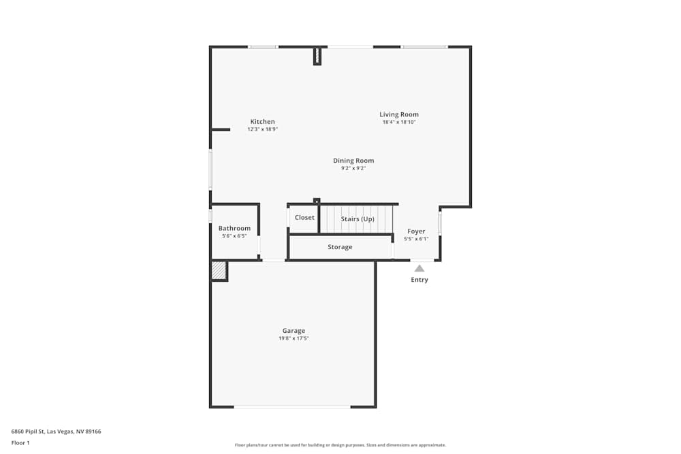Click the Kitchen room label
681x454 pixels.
[x=262, y=122]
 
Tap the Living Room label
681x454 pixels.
[x=399, y=114]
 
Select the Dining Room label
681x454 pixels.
[x=353, y=161]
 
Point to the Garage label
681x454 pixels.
[x=294, y=331]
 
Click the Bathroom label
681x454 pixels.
[x=234, y=228]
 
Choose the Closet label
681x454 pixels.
[x=304, y=218]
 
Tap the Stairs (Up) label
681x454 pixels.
[x=358, y=219]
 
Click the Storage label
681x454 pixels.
[x=340, y=247]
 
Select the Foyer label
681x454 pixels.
[x=416, y=231]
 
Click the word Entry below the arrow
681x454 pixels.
[x=419, y=280]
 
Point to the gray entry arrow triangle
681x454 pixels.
[x=419, y=268]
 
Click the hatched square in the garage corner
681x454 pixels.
[x=218, y=271]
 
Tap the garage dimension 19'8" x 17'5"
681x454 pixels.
[x=294, y=338]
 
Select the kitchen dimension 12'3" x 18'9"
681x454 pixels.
[x=262, y=129]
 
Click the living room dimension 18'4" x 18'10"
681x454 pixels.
[x=399, y=122]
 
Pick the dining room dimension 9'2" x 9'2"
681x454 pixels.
[x=353, y=168]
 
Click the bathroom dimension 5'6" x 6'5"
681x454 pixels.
[x=234, y=236]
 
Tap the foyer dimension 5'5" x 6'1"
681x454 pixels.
[x=416, y=239]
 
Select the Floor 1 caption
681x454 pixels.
[x=20, y=442]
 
